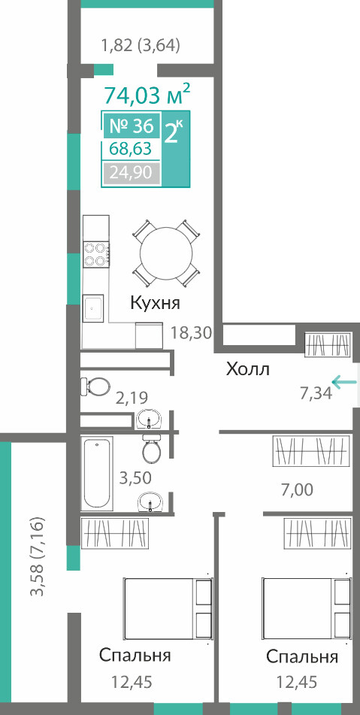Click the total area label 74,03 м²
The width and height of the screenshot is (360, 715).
[x=147, y=95]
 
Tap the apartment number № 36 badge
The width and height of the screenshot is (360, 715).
[x=131, y=125]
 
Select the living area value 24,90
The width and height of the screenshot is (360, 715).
[x=131, y=173]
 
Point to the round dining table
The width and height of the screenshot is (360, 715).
[x=166, y=254]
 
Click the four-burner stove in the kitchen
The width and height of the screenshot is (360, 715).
[x=97, y=254]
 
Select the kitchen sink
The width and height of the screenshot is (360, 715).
[x=93, y=308]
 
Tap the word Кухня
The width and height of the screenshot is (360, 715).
[x=156, y=303]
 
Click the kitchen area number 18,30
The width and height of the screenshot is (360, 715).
[x=192, y=333]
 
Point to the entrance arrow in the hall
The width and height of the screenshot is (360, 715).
[x=344, y=381]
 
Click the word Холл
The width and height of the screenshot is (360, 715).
[x=248, y=369]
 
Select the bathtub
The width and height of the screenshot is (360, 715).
[x=97, y=474]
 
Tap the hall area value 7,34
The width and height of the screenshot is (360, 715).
[x=316, y=393]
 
